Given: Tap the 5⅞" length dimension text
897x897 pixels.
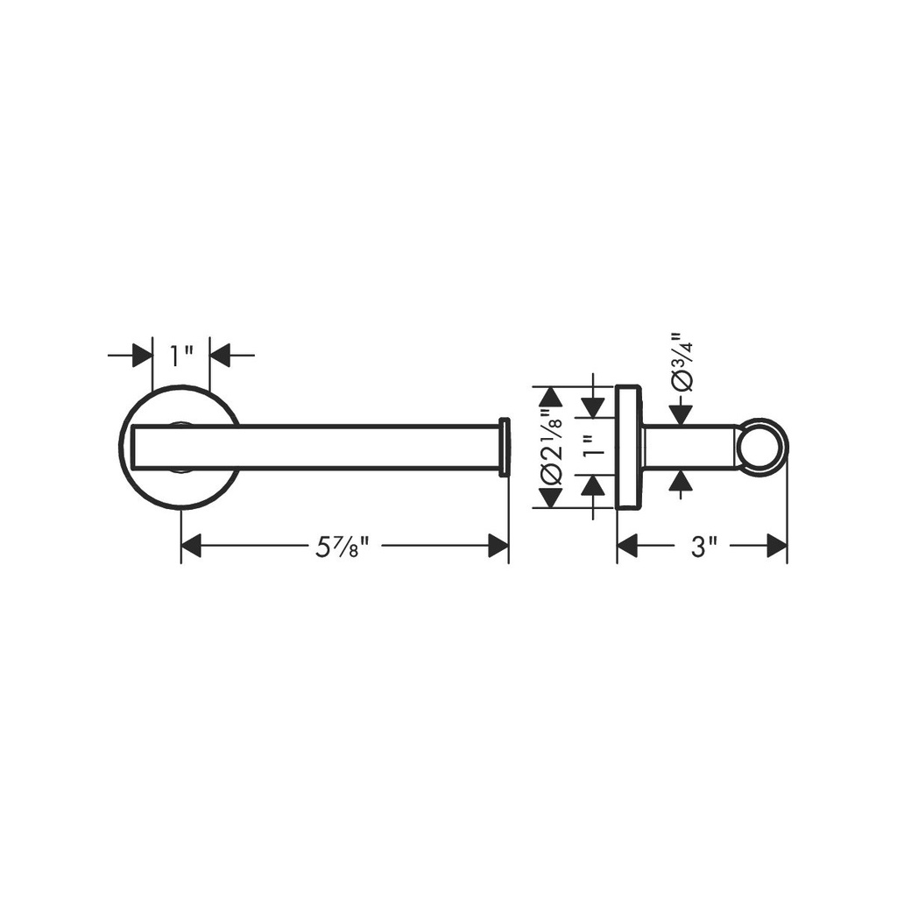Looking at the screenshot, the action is click(x=341, y=547).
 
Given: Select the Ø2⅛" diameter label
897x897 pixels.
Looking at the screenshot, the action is click(x=553, y=446).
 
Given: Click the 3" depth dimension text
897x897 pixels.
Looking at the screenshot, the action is click(x=703, y=547).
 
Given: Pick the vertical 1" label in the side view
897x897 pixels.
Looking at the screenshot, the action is click(x=595, y=445).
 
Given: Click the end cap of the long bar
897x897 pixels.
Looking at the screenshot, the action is click(x=504, y=447).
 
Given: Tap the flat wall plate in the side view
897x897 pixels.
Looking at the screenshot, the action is click(x=628, y=446).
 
